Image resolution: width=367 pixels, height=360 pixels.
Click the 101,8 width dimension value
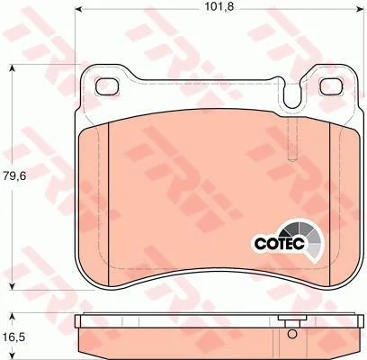click(219, 6)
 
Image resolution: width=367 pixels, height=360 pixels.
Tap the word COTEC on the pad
click(279, 243)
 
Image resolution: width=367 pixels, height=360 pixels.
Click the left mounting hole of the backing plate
click(107, 86)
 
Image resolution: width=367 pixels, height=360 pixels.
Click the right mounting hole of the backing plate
click(332, 86)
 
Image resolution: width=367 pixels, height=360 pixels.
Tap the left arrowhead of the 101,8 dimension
click(78, 9)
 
